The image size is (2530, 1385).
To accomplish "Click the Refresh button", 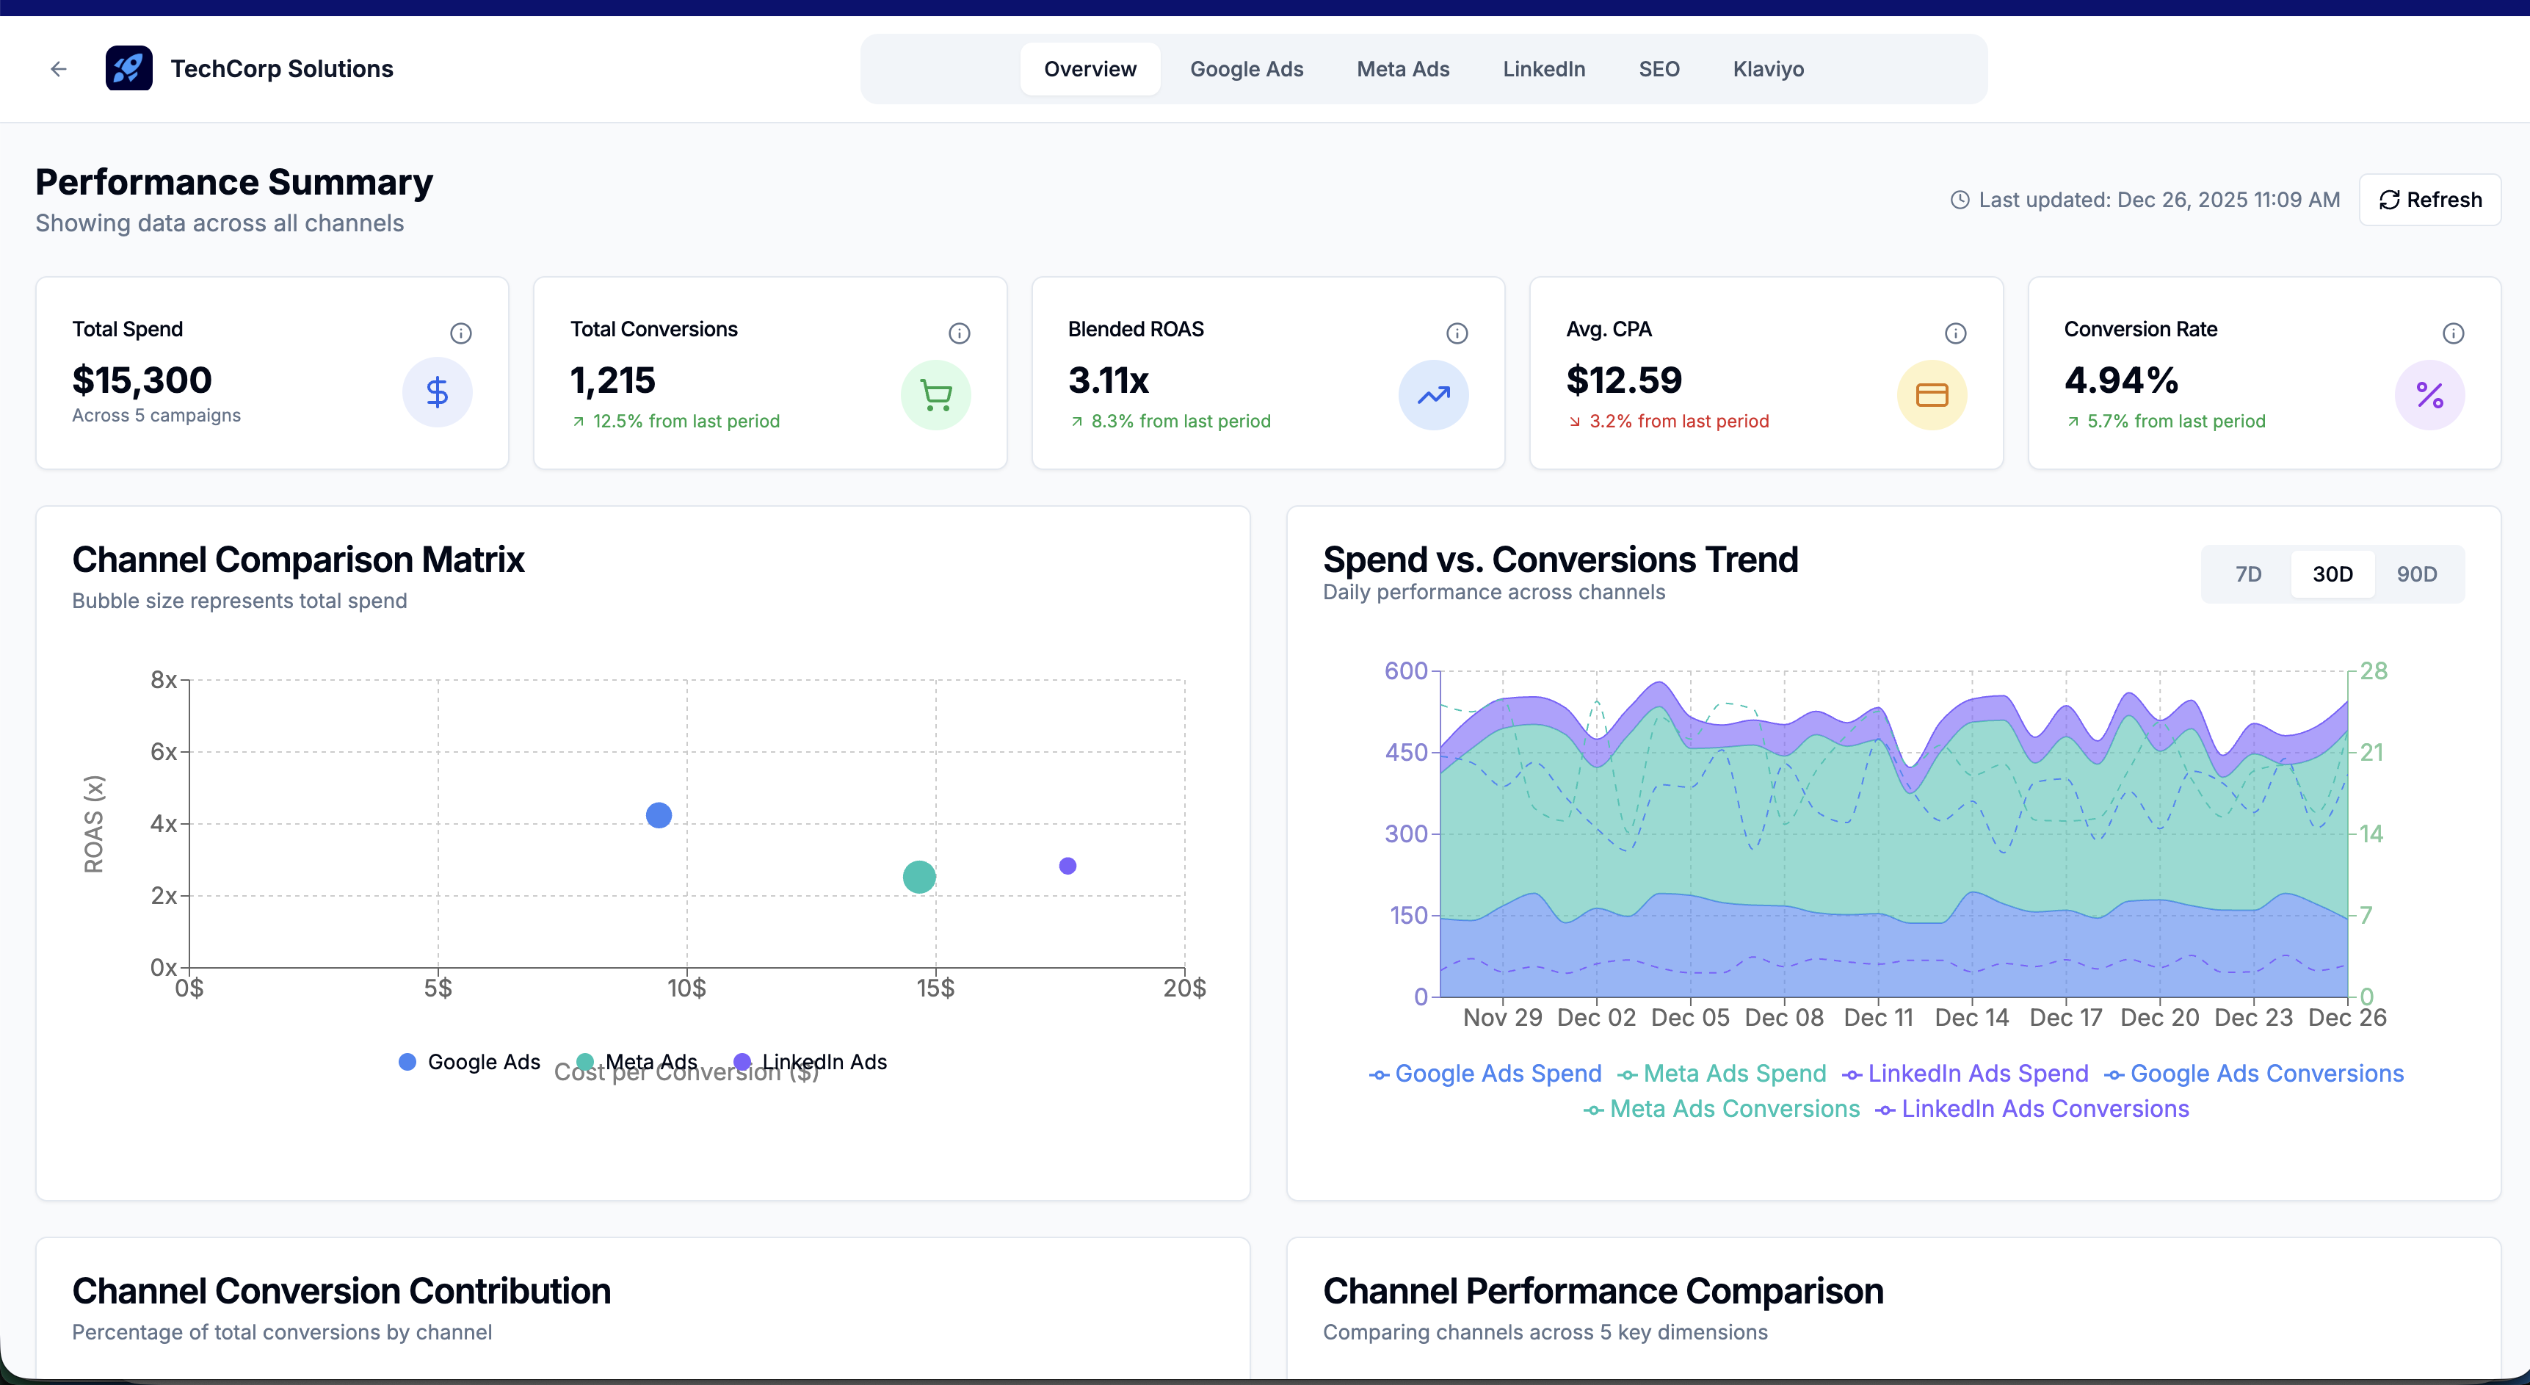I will tap(2430, 200).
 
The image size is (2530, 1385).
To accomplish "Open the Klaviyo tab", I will tap(1767, 69).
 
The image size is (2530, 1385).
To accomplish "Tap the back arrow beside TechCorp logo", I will tap(59, 69).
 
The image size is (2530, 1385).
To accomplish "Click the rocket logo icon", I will tap(128, 69).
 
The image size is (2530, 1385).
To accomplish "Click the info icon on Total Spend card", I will tap(460, 333).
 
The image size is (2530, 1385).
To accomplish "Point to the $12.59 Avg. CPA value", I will tap(1623, 380).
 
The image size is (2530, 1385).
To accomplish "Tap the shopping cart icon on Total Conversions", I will tap(935, 395).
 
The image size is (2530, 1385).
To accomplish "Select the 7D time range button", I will tap(2248, 574).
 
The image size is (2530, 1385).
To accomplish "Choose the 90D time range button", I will tap(2416, 574).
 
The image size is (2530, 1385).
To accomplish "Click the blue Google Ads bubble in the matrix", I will tap(659, 815).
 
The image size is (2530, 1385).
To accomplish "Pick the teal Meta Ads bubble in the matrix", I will tap(919, 876).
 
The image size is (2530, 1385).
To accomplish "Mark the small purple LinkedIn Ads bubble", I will tap(1068, 865).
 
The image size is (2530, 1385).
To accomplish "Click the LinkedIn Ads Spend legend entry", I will tap(1965, 1074).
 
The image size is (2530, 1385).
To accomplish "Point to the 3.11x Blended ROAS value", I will tap(1108, 380).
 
